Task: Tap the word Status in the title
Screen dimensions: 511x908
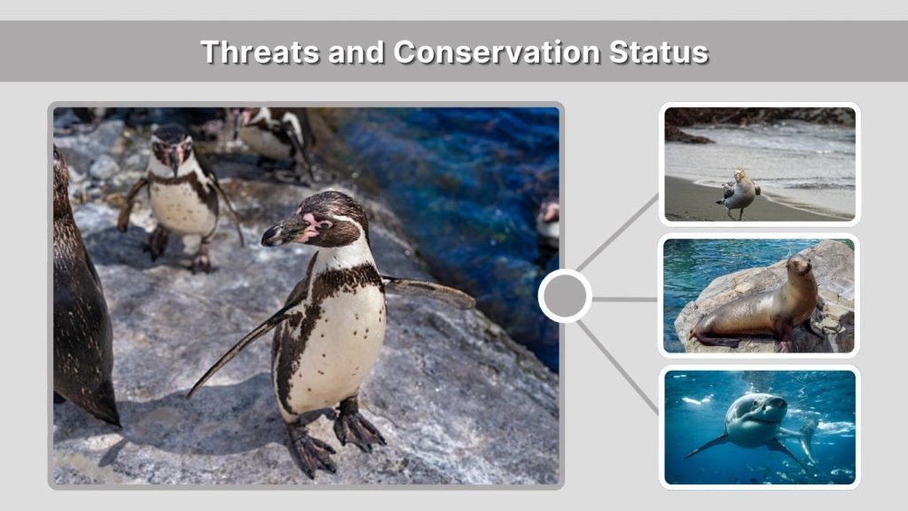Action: (659, 51)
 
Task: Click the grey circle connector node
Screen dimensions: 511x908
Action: (565, 296)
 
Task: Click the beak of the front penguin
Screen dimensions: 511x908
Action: (284, 232)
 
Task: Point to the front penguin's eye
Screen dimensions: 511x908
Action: (325, 224)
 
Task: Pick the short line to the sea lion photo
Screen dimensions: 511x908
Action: (625, 299)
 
